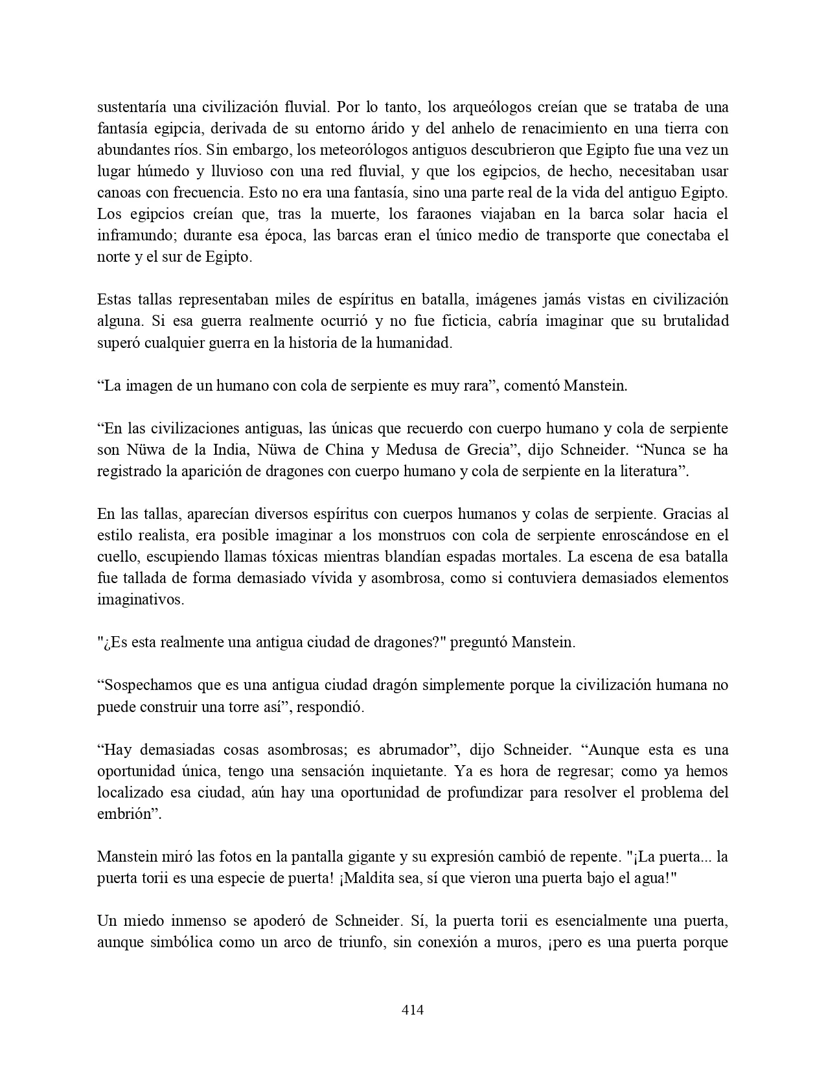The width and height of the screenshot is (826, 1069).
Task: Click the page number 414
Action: (413, 1009)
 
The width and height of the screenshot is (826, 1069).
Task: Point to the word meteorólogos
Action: (345, 150)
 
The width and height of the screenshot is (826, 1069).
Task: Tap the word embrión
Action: (127, 814)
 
